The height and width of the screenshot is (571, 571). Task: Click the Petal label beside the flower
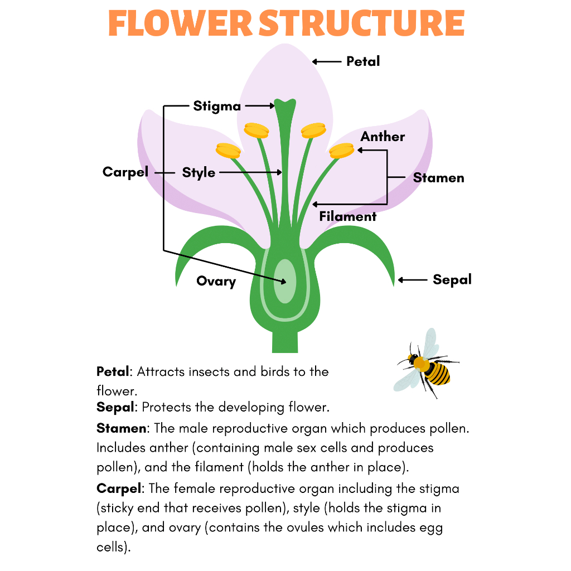[x=362, y=61]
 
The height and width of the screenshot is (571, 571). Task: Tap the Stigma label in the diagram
[x=217, y=106]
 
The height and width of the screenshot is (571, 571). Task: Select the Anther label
[x=383, y=137]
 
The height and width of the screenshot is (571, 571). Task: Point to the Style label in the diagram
[x=199, y=172]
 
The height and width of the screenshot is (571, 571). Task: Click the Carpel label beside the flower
[x=125, y=172]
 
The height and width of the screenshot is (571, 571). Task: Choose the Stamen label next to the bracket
[x=438, y=178]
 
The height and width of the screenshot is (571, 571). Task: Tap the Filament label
[x=348, y=216]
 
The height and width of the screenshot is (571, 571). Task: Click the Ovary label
[x=216, y=281]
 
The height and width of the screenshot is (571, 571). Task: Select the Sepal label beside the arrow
[x=452, y=279]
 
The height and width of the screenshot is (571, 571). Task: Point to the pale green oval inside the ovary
[x=285, y=280]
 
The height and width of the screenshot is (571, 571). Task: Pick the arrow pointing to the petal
[x=327, y=61]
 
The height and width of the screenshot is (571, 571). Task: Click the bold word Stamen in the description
[x=122, y=429]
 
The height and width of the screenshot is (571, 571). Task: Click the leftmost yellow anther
[x=228, y=149]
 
